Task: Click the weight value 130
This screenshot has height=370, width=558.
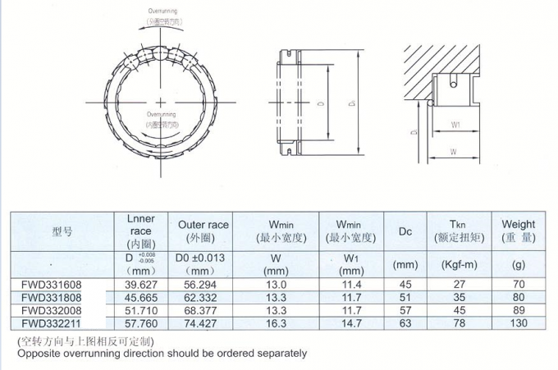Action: [518, 325]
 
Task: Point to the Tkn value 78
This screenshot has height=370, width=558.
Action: [460, 325]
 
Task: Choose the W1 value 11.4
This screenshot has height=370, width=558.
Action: [350, 285]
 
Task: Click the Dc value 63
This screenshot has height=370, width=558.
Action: [405, 325]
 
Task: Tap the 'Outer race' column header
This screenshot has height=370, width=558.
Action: [203, 225]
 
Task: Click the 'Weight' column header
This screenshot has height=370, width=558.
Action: [518, 224]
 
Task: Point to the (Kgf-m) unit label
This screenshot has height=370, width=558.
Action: [460, 266]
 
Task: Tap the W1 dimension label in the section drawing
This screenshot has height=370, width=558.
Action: [454, 126]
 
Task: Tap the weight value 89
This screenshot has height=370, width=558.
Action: [518, 312]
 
